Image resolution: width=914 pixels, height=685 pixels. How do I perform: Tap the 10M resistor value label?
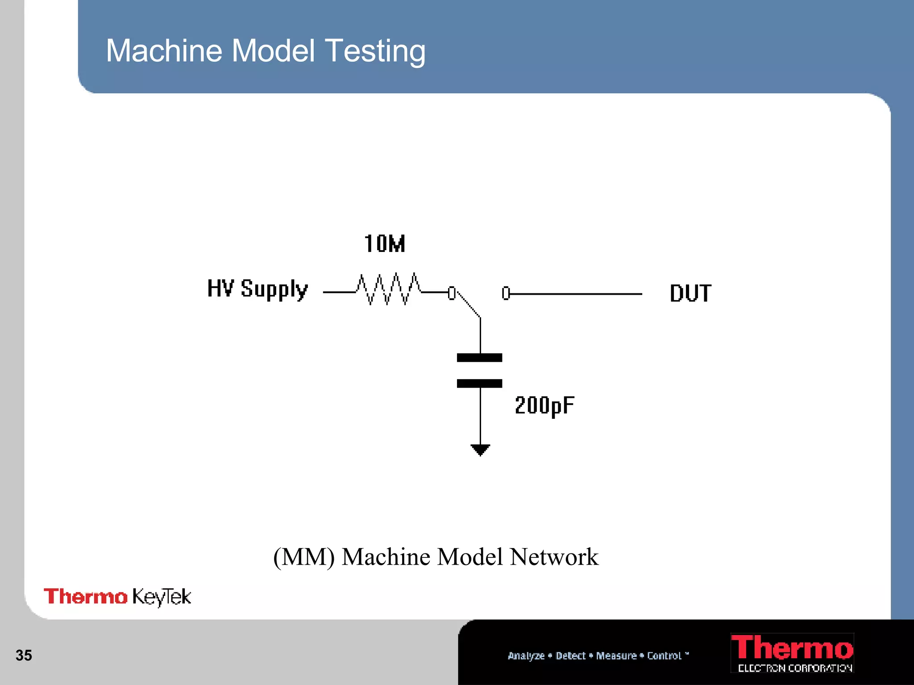[x=384, y=244]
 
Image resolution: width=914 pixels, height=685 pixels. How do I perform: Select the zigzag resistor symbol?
[x=387, y=289]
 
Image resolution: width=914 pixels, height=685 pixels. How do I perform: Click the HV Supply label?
[x=258, y=289]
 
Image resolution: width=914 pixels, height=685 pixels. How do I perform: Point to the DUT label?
[x=690, y=293]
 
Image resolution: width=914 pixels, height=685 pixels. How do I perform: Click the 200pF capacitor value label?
[x=544, y=405]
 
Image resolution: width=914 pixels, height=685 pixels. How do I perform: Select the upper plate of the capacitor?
[x=479, y=358]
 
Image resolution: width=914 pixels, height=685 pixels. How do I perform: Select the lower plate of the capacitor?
[x=479, y=384]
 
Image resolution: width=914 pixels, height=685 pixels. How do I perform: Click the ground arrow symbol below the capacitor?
[x=480, y=450]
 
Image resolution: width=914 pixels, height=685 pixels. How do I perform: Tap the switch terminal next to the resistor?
[x=452, y=293]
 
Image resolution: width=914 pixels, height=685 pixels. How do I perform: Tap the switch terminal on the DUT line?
[x=506, y=293]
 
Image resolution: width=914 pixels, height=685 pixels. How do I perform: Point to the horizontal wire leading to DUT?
[x=576, y=294]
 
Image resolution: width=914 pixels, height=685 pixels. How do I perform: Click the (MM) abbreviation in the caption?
[x=304, y=557]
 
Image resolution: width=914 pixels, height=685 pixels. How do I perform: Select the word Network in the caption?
[x=554, y=557]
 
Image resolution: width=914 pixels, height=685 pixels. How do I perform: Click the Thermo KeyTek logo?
[x=117, y=597]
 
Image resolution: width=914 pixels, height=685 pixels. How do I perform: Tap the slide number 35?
[x=24, y=655]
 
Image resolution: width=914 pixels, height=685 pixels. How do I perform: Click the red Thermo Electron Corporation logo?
[x=792, y=653]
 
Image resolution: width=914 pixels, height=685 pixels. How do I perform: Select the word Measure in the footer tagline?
[x=616, y=656]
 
